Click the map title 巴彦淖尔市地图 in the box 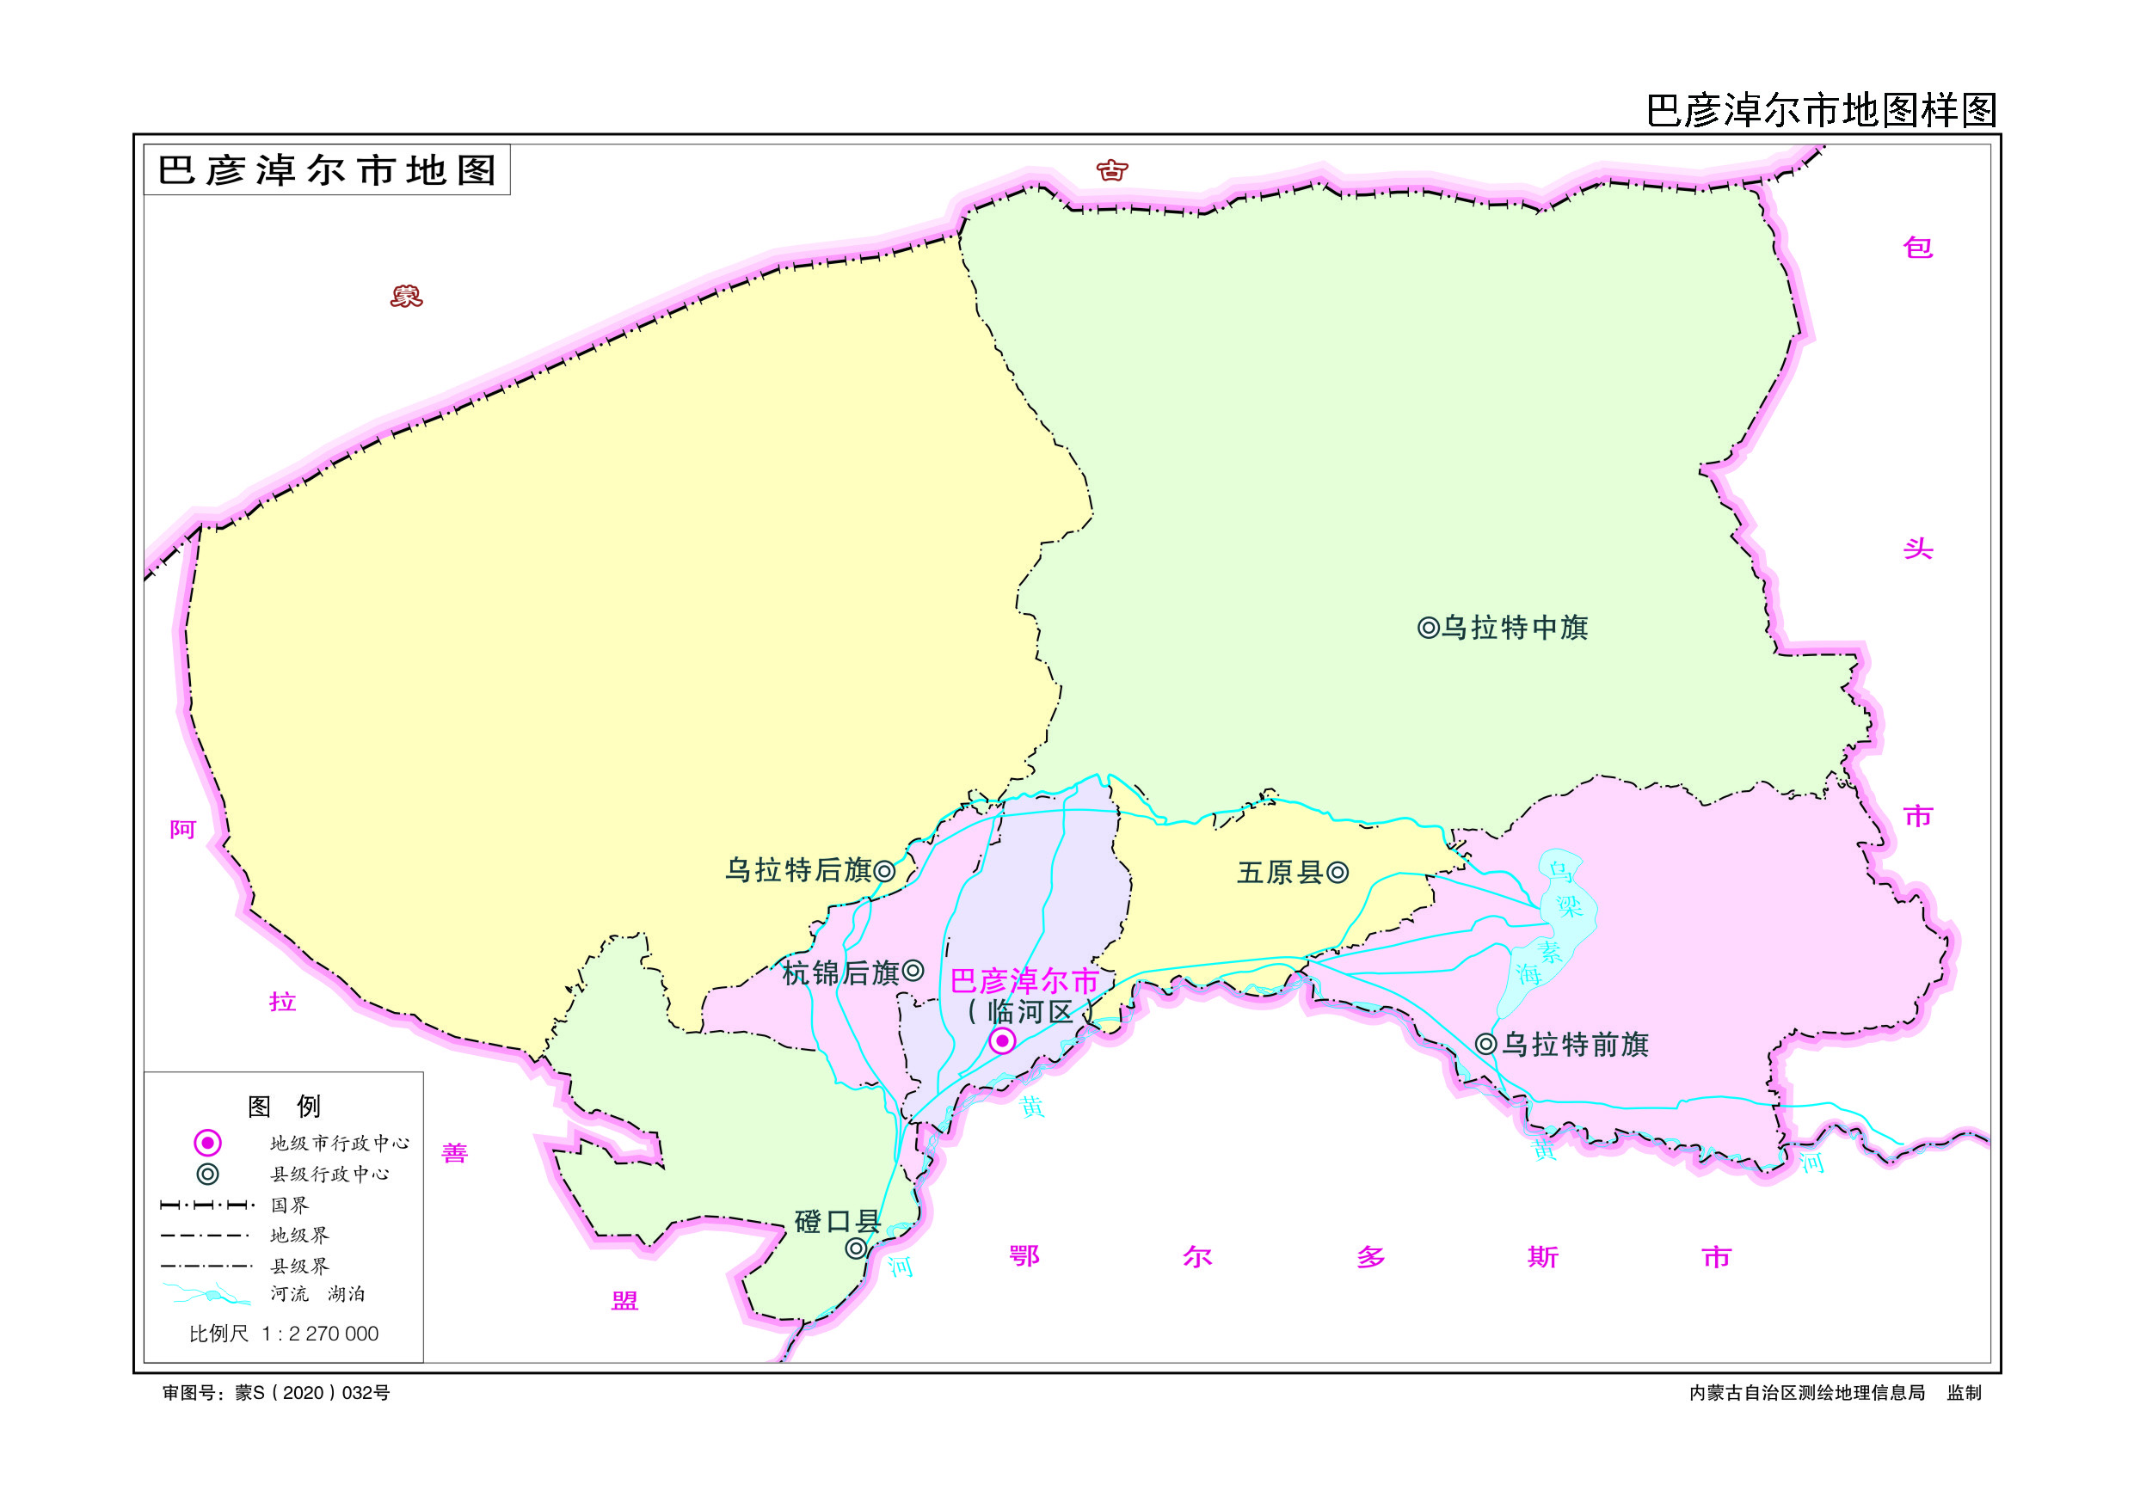pos(327,170)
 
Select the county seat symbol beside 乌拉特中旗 pos(1428,629)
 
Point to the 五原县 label pos(1280,873)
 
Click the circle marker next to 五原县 pos(1338,873)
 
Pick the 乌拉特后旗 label pos(797,871)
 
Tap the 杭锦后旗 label pos(840,972)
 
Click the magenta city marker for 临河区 pos(1002,1040)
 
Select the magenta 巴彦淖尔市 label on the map pos(1024,981)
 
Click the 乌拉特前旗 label pos(1577,1045)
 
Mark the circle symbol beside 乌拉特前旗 pos(1486,1045)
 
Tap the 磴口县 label pos(838,1221)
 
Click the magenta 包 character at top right pos(1917,247)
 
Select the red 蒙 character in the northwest pos(406,297)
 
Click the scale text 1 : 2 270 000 pos(320,1334)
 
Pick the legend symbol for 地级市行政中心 pos(207,1143)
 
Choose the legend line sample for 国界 pos(207,1205)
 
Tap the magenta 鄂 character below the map pos(1024,1256)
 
